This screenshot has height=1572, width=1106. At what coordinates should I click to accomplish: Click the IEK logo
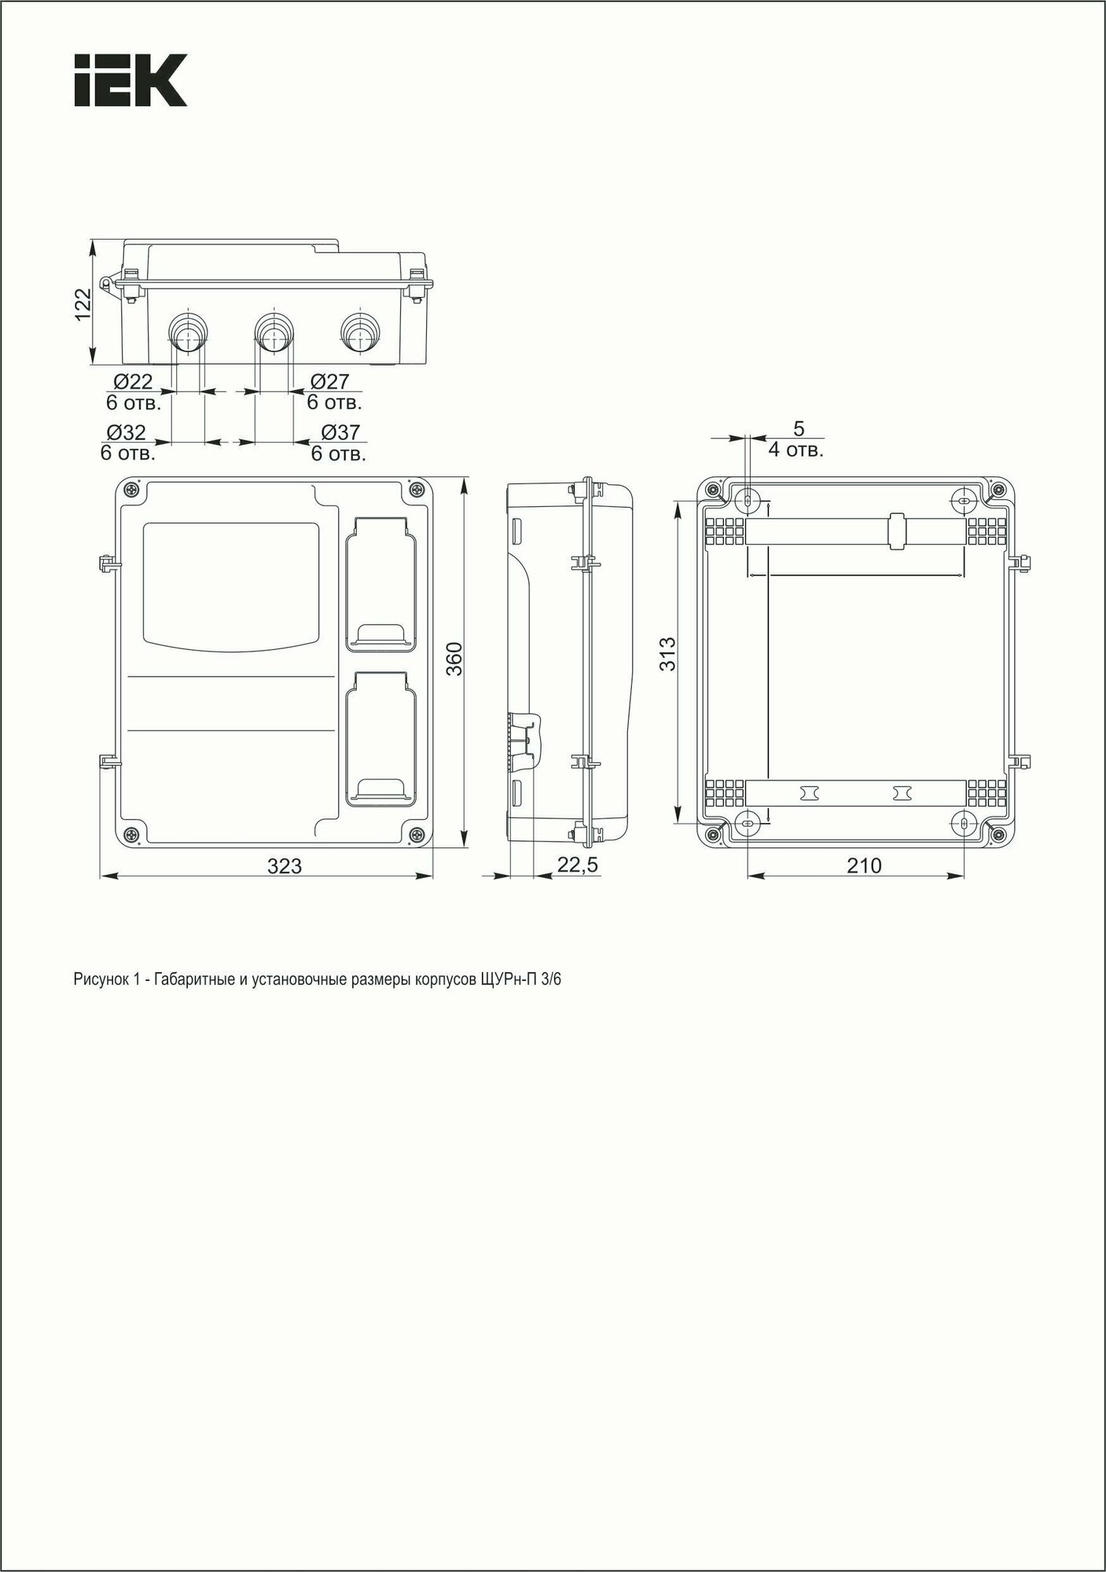coord(130,80)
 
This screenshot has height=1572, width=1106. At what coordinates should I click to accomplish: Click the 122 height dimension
coord(83,304)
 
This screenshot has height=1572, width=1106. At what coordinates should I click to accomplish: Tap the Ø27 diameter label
coord(329,382)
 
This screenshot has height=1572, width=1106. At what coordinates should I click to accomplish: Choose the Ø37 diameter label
coord(340,433)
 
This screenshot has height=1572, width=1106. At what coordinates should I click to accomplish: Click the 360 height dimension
coord(454,659)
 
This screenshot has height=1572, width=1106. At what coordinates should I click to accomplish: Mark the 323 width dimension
coord(285,866)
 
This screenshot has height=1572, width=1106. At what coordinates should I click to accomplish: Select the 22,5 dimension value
coord(578,865)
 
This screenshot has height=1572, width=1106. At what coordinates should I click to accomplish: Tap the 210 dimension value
coord(864,866)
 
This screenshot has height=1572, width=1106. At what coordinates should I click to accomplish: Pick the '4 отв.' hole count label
coord(796,451)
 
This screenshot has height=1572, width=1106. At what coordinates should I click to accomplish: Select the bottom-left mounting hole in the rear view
coord(748,824)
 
